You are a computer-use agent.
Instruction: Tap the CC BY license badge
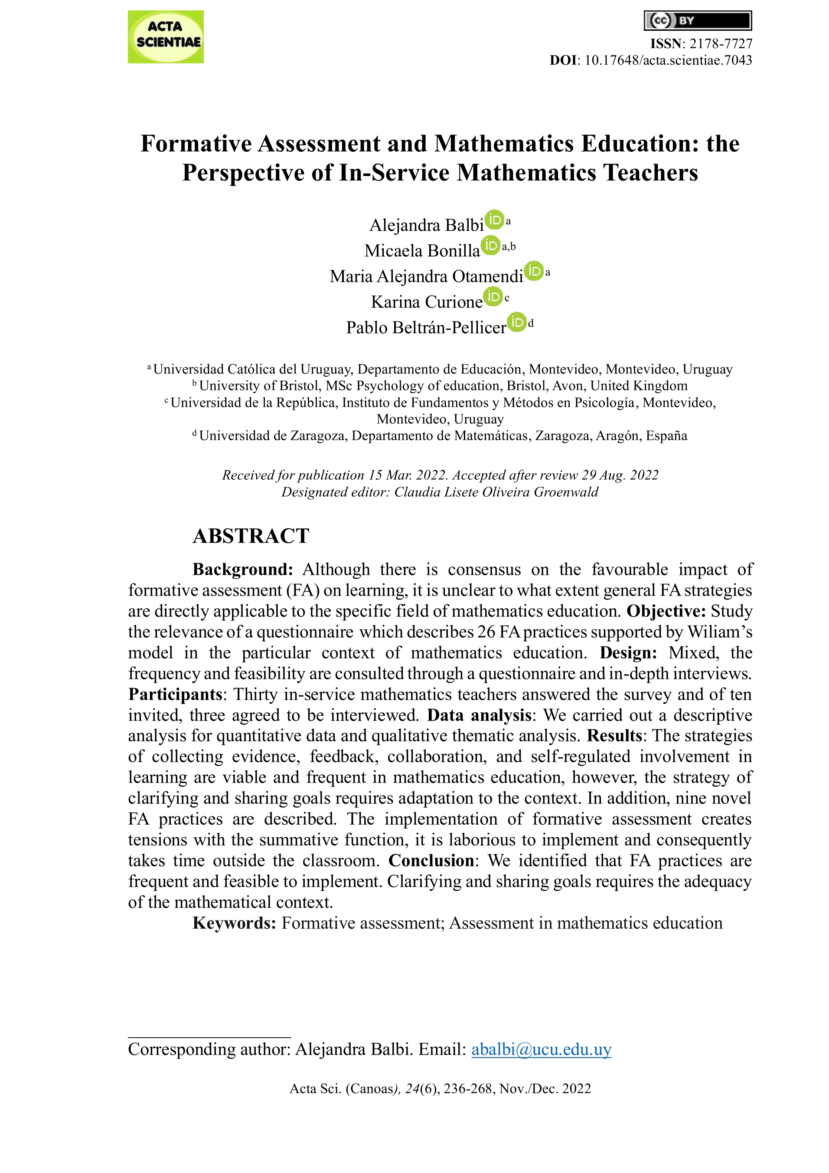point(697,21)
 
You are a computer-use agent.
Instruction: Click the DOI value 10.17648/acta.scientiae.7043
point(668,60)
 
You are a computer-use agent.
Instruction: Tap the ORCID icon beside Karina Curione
point(493,296)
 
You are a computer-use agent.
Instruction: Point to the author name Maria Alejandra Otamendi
point(426,276)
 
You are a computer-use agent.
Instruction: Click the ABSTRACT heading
point(251,536)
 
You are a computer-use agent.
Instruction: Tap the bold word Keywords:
point(234,923)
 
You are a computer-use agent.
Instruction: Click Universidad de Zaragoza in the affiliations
point(273,436)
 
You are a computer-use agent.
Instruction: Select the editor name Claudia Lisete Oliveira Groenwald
point(496,492)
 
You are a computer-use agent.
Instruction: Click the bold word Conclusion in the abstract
point(431,861)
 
